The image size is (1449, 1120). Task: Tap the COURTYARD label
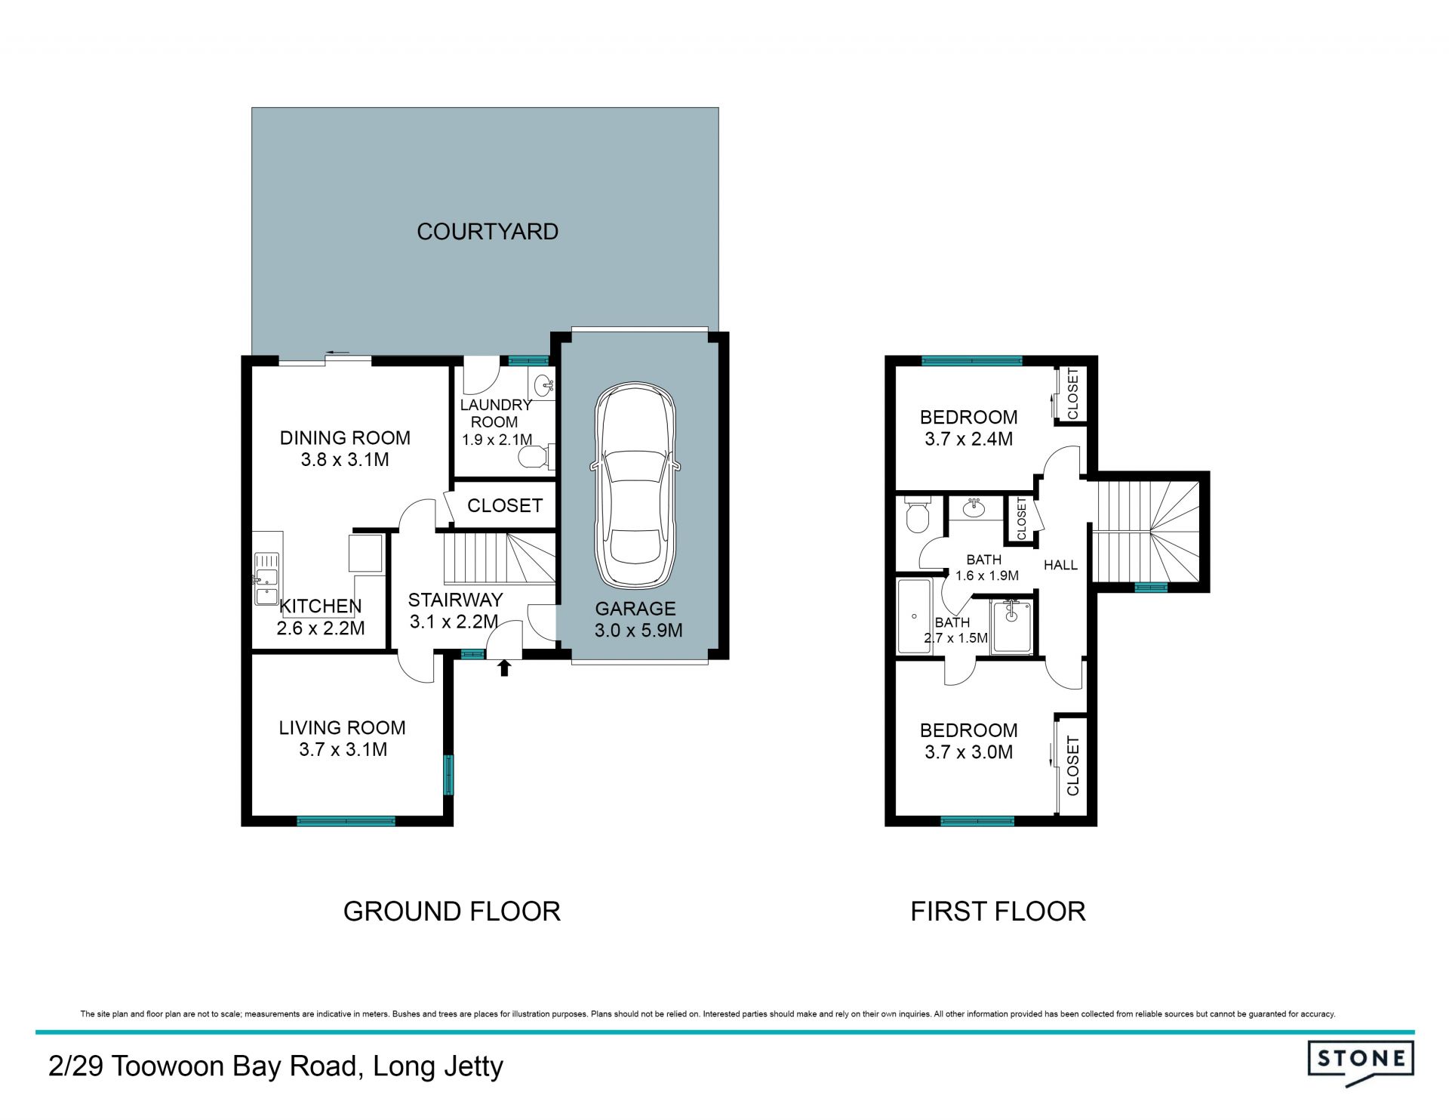click(x=488, y=231)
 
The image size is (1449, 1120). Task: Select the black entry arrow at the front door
click(x=504, y=667)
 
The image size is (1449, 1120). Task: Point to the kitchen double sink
click(x=266, y=579)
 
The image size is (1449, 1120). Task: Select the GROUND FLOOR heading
click(x=451, y=912)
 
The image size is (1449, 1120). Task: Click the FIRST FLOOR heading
click(x=998, y=912)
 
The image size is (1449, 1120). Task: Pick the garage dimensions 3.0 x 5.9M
click(x=638, y=631)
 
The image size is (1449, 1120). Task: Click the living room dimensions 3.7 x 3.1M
click(x=343, y=750)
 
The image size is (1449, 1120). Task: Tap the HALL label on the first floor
click(x=1060, y=565)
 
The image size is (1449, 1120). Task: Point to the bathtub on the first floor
click(x=914, y=616)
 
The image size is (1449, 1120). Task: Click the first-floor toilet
click(x=917, y=515)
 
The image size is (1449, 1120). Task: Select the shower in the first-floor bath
click(x=1012, y=626)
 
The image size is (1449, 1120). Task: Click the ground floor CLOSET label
click(x=505, y=505)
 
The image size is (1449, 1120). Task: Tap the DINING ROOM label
click(x=345, y=438)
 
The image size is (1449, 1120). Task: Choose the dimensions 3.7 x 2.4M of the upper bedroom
click(x=968, y=439)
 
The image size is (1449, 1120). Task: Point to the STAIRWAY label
click(x=455, y=600)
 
